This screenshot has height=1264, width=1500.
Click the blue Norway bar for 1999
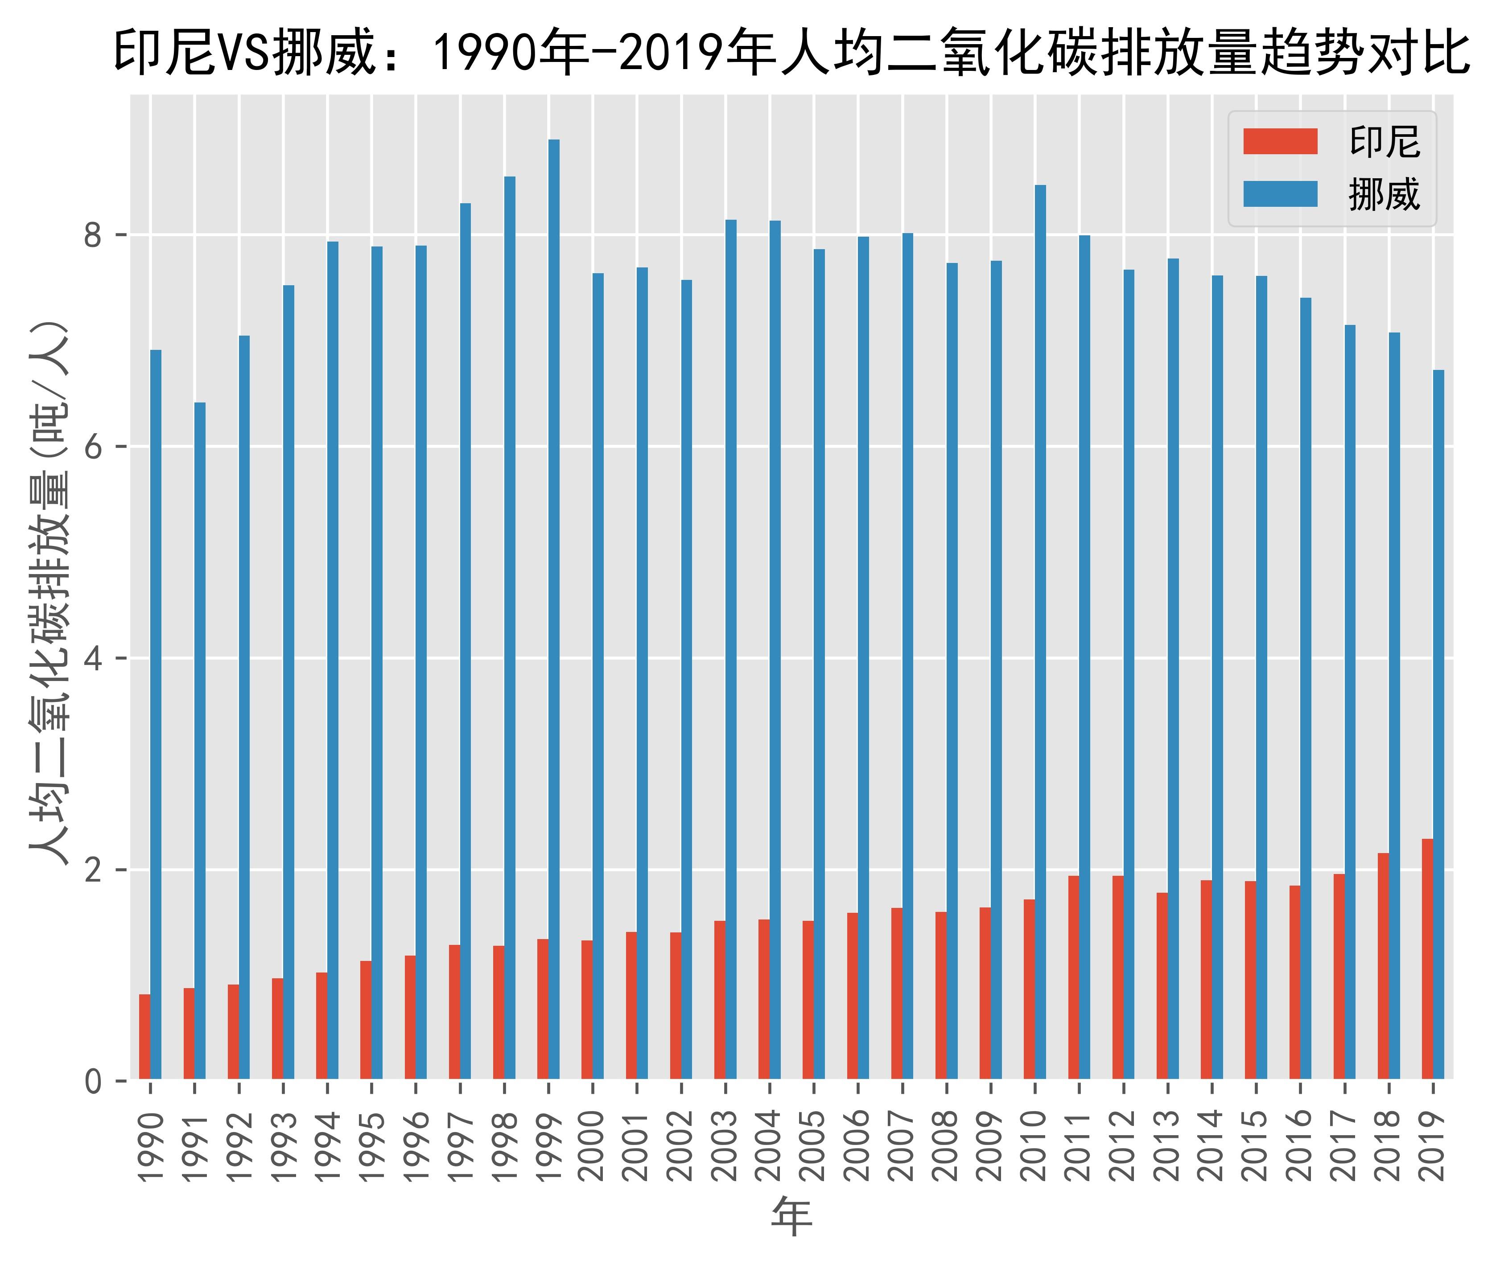554,609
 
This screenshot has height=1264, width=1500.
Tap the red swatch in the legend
1280,142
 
